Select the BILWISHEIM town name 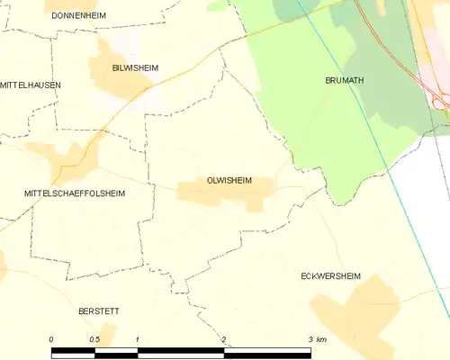135,67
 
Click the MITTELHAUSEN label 31,85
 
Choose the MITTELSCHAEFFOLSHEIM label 75,193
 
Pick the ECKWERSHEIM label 330,277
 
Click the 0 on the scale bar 51,338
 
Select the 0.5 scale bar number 94,338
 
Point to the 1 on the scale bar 137,338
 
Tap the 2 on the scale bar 224,338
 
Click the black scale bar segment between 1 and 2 180,350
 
